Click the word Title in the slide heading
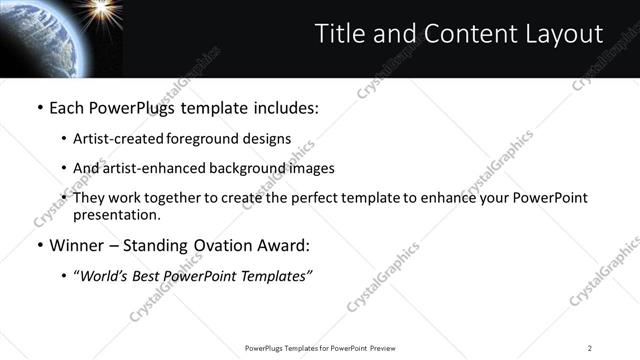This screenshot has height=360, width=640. coord(339,34)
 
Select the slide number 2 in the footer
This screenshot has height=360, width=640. coord(590,348)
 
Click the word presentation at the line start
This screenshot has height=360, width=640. coord(116,215)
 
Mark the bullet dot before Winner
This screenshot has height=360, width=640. coord(38,244)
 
